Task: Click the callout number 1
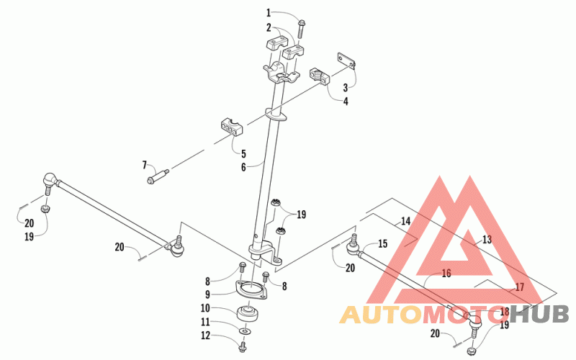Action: pyautogui.click(x=269, y=12)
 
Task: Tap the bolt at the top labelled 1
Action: pyautogui.click(x=302, y=27)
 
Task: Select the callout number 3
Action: pyautogui.click(x=345, y=87)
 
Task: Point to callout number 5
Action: pyautogui.click(x=243, y=153)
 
